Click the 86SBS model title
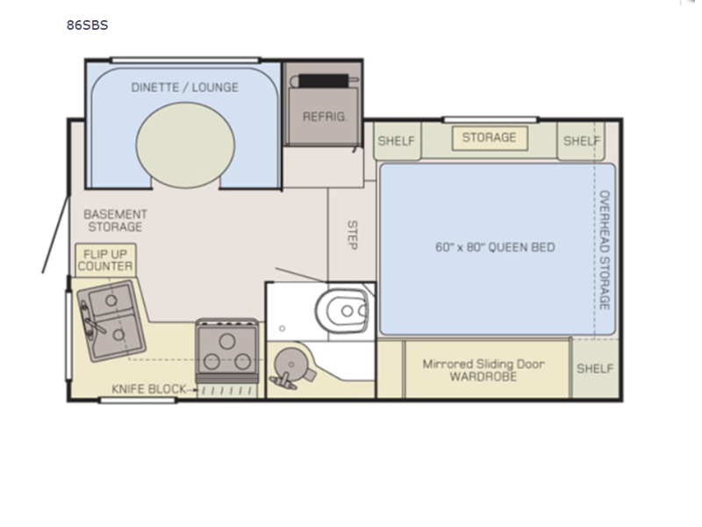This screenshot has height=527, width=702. click(87, 25)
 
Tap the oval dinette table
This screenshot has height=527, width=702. click(185, 145)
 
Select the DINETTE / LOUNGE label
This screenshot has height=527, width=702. click(184, 87)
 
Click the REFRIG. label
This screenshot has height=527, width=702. click(325, 117)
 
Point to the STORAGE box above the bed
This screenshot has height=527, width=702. click(490, 138)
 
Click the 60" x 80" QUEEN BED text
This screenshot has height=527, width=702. click(495, 248)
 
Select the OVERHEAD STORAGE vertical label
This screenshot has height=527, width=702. click(605, 250)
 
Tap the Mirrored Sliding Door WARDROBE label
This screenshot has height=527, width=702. click(484, 370)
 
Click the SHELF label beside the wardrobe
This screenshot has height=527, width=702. click(595, 369)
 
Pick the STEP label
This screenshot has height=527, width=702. click(353, 235)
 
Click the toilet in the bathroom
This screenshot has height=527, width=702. click(341, 310)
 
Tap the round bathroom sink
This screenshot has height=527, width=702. click(291, 365)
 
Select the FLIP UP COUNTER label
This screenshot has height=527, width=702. click(105, 260)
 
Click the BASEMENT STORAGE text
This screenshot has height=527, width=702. click(116, 220)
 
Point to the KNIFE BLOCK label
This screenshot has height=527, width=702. click(148, 389)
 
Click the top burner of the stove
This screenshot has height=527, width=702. click(227, 343)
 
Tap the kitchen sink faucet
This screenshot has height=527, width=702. click(90, 320)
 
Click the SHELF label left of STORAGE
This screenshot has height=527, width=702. click(397, 141)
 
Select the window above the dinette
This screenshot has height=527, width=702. click(185, 60)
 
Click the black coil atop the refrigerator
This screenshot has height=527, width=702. click(324, 81)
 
